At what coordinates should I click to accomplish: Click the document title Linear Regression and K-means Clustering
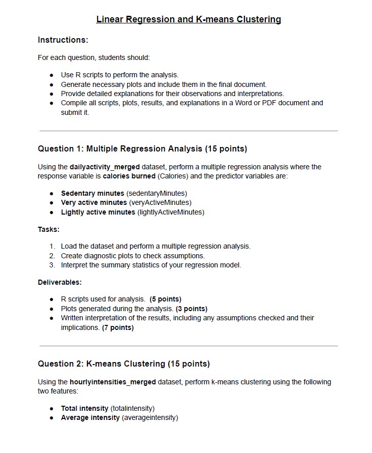189,19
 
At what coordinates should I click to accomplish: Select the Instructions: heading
63,40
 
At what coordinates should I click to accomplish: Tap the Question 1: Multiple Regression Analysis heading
142,148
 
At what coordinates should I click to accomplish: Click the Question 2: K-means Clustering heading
123,364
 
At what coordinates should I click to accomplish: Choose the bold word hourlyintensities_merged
113,382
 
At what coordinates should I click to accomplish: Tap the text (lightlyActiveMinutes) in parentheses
171,212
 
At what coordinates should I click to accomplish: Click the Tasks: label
48,229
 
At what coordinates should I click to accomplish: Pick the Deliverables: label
59,282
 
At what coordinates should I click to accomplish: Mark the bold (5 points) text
165,299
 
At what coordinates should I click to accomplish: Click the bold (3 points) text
191,309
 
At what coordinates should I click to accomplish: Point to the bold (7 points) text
118,327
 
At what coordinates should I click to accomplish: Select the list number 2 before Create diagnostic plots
52,256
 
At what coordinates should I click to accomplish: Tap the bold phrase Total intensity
84,408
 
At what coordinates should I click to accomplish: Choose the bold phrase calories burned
129,176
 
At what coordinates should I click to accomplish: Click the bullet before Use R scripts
52,75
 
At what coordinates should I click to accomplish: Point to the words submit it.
75,112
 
